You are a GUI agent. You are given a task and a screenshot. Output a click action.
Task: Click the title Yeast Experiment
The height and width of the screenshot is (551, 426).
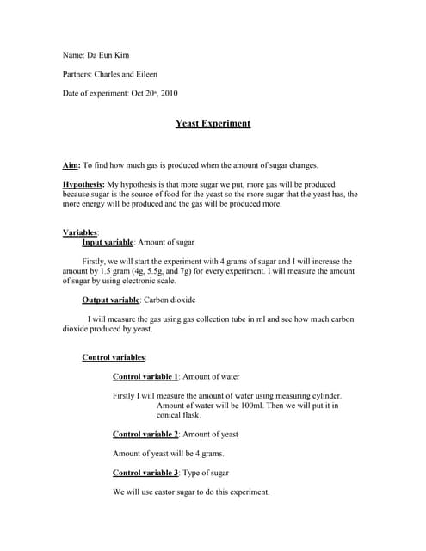coord(213,124)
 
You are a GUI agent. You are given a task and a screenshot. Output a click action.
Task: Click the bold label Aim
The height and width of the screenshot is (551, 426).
coord(71,165)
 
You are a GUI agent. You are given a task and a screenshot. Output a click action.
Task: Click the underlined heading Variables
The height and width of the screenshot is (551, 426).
coord(80,232)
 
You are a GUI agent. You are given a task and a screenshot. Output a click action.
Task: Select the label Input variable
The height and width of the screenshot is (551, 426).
coord(108,244)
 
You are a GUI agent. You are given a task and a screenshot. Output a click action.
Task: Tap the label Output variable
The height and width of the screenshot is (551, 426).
coord(110,300)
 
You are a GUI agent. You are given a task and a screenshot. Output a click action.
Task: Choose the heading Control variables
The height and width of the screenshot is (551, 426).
coord(113,357)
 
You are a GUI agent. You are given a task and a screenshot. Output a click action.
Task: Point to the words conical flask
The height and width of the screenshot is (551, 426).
coord(178,415)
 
